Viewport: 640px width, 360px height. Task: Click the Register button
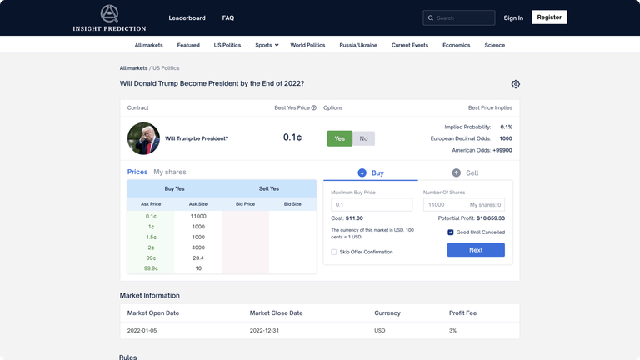click(x=549, y=17)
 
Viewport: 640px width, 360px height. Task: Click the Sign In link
click(x=513, y=17)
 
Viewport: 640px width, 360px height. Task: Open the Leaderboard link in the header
click(x=187, y=17)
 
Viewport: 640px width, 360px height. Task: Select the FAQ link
click(x=228, y=17)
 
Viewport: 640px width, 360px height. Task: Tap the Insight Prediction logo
click(x=109, y=17)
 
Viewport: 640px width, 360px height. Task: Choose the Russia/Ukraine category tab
click(x=358, y=45)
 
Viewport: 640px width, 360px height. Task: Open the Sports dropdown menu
click(x=267, y=45)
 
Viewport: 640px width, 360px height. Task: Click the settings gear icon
click(x=516, y=84)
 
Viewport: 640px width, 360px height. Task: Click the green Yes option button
click(x=339, y=138)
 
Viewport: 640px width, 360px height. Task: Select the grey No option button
click(x=363, y=138)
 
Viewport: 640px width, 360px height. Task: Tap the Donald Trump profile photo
click(x=143, y=138)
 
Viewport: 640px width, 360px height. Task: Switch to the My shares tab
click(x=170, y=172)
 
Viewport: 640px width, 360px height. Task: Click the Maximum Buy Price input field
click(x=371, y=204)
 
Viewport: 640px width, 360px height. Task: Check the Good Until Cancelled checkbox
click(x=451, y=232)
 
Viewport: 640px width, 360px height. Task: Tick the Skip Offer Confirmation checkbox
click(x=334, y=252)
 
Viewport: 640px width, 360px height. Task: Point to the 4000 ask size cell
click(x=198, y=247)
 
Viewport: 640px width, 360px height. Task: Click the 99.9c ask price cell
click(x=151, y=268)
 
